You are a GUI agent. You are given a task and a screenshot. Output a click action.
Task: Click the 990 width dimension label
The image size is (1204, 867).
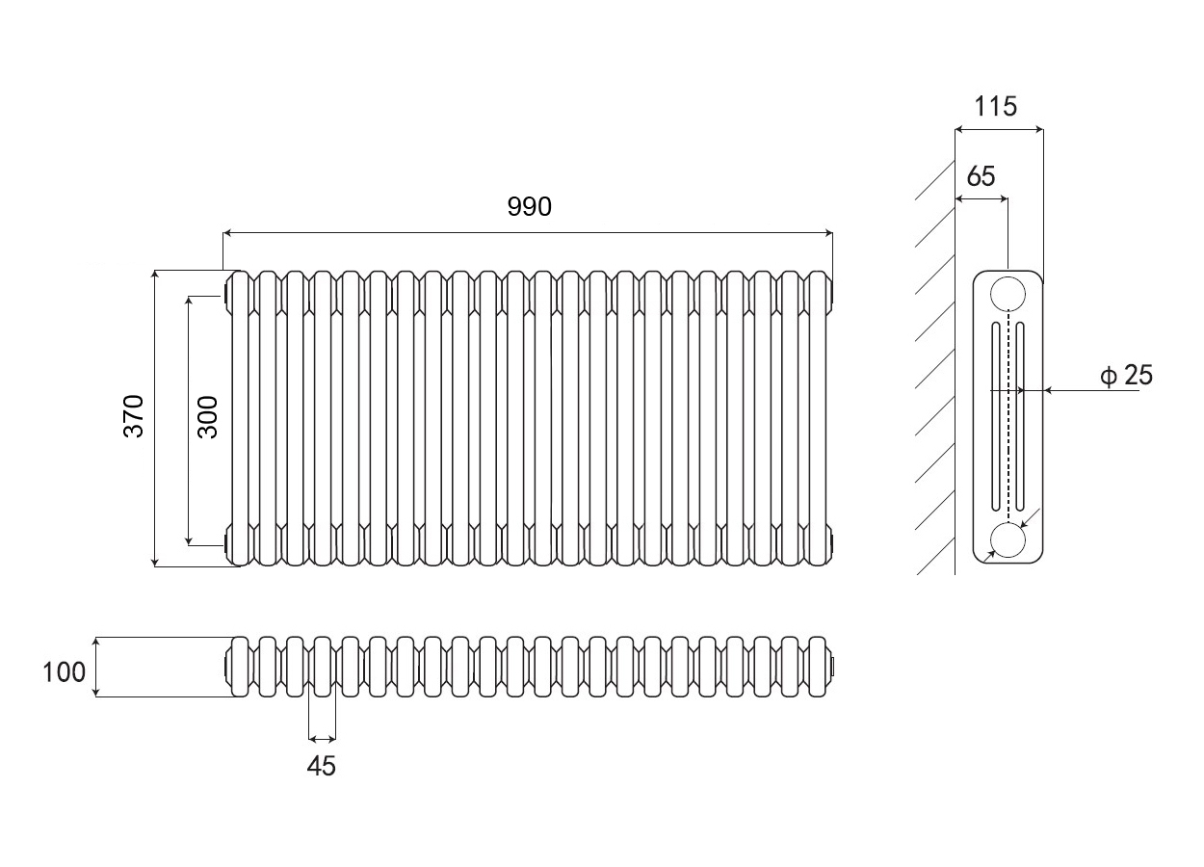point(529,206)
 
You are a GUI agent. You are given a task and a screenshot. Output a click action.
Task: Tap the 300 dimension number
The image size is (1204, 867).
point(208,416)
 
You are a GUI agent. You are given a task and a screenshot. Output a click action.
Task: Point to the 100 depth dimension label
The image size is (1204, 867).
point(65,671)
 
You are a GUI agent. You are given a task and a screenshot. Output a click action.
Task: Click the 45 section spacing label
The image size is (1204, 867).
point(322,767)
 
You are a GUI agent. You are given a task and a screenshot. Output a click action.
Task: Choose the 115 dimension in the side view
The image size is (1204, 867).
point(995,106)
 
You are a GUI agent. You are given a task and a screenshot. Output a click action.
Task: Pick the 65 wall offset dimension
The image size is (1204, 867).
point(980,176)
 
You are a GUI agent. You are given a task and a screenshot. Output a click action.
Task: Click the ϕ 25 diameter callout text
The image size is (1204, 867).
point(1126,375)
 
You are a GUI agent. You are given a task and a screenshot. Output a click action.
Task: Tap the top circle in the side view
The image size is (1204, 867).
point(1008,293)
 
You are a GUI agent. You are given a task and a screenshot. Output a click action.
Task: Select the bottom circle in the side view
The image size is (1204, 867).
point(1008,541)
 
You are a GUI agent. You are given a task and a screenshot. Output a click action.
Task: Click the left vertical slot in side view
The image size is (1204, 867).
point(995,417)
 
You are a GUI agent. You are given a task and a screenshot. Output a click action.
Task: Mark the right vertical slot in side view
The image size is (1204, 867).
point(1020,417)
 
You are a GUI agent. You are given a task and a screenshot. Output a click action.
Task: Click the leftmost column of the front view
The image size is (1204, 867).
point(241,417)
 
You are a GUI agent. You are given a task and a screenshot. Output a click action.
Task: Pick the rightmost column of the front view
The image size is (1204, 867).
point(818,417)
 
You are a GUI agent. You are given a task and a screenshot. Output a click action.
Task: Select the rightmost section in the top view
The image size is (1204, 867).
point(818,665)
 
